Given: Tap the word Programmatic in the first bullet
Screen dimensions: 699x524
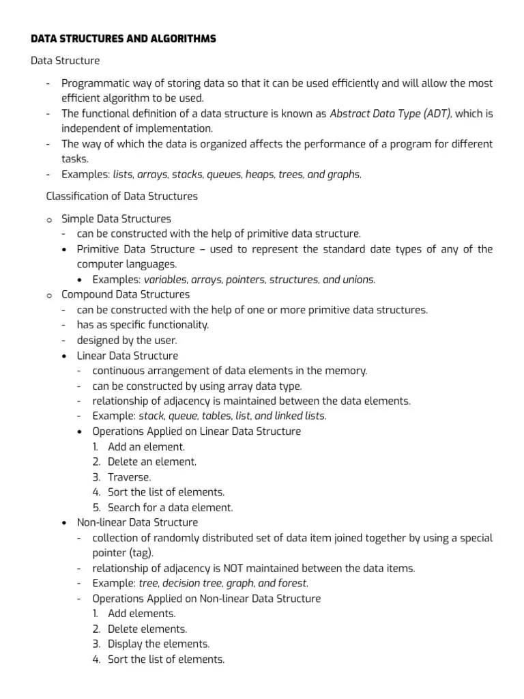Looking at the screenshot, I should pos(93,84).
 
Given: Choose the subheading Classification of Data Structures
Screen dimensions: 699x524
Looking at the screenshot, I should pos(121,197).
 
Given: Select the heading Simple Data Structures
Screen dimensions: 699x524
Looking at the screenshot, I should pos(116,219).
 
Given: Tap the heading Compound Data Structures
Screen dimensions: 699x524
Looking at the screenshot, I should pos(126,294).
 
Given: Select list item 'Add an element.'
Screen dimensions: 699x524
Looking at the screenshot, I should pos(146,447).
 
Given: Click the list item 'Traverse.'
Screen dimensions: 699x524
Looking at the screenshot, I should pos(130,477).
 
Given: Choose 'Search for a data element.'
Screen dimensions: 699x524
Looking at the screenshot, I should pos(170,507).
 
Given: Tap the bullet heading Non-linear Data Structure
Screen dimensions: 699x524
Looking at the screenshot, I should pos(137,522).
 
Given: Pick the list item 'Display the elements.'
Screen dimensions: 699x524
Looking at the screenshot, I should pos(158,644).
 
